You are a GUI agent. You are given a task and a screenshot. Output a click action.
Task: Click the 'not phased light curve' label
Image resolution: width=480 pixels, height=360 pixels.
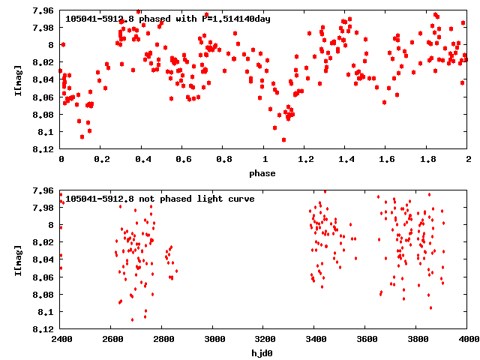(x=160, y=199)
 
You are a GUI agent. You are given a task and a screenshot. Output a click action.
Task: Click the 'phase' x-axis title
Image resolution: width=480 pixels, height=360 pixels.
(x=263, y=173)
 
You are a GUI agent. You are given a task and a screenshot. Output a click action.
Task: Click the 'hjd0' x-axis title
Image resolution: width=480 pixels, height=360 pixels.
(x=263, y=353)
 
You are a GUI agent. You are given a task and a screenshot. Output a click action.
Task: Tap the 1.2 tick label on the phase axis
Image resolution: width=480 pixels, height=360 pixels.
(x=304, y=160)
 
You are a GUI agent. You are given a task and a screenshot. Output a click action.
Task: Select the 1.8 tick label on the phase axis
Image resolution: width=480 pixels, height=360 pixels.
(x=427, y=160)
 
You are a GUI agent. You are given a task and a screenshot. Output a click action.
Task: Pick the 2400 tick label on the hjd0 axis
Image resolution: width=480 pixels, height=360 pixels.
(x=61, y=340)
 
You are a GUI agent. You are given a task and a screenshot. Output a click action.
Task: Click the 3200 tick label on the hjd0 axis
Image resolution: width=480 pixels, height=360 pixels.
(x=264, y=340)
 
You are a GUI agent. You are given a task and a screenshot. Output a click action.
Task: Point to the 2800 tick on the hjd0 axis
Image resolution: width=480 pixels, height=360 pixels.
(x=162, y=340)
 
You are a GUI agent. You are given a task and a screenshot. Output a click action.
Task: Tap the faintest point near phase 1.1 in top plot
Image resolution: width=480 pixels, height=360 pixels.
(x=283, y=139)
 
